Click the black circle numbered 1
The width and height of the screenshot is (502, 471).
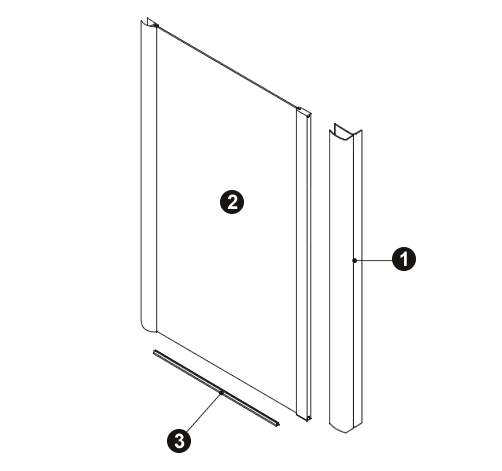point(404,259)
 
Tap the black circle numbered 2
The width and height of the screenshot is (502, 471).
point(232,202)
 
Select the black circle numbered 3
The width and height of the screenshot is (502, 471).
point(179,441)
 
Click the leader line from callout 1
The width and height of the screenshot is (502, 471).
point(373,260)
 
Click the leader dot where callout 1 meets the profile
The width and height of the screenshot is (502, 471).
point(355,260)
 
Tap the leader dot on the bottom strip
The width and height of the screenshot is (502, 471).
point(221,393)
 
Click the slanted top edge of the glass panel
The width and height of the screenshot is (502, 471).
point(227,68)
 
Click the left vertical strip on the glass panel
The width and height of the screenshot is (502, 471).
point(148,177)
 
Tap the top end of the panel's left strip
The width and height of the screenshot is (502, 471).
point(149,23)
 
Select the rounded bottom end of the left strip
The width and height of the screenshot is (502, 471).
point(148,327)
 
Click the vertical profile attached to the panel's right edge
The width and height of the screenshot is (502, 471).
point(303,263)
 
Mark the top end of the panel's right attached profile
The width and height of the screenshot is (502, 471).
point(304,112)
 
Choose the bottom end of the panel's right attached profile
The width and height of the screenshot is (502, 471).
point(304,417)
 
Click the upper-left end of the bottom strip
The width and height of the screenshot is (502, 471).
point(154,352)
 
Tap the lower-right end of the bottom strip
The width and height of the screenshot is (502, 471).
point(277,424)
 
